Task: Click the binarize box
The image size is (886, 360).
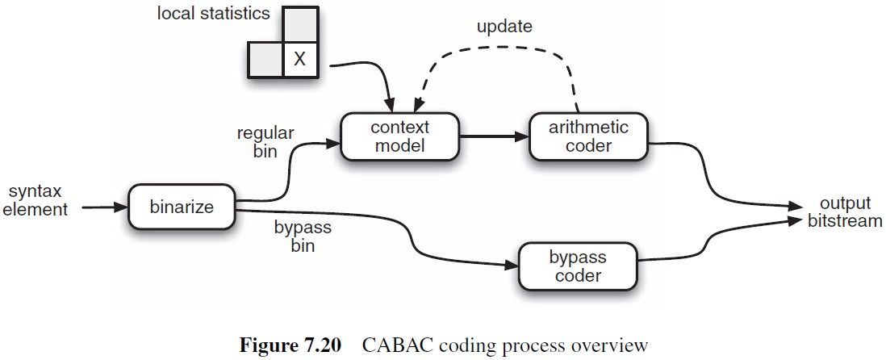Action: (x=182, y=207)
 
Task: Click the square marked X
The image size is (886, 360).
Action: (x=299, y=60)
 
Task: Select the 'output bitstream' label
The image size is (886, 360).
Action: (x=844, y=211)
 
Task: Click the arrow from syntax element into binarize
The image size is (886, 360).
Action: (x=102, y=207)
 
